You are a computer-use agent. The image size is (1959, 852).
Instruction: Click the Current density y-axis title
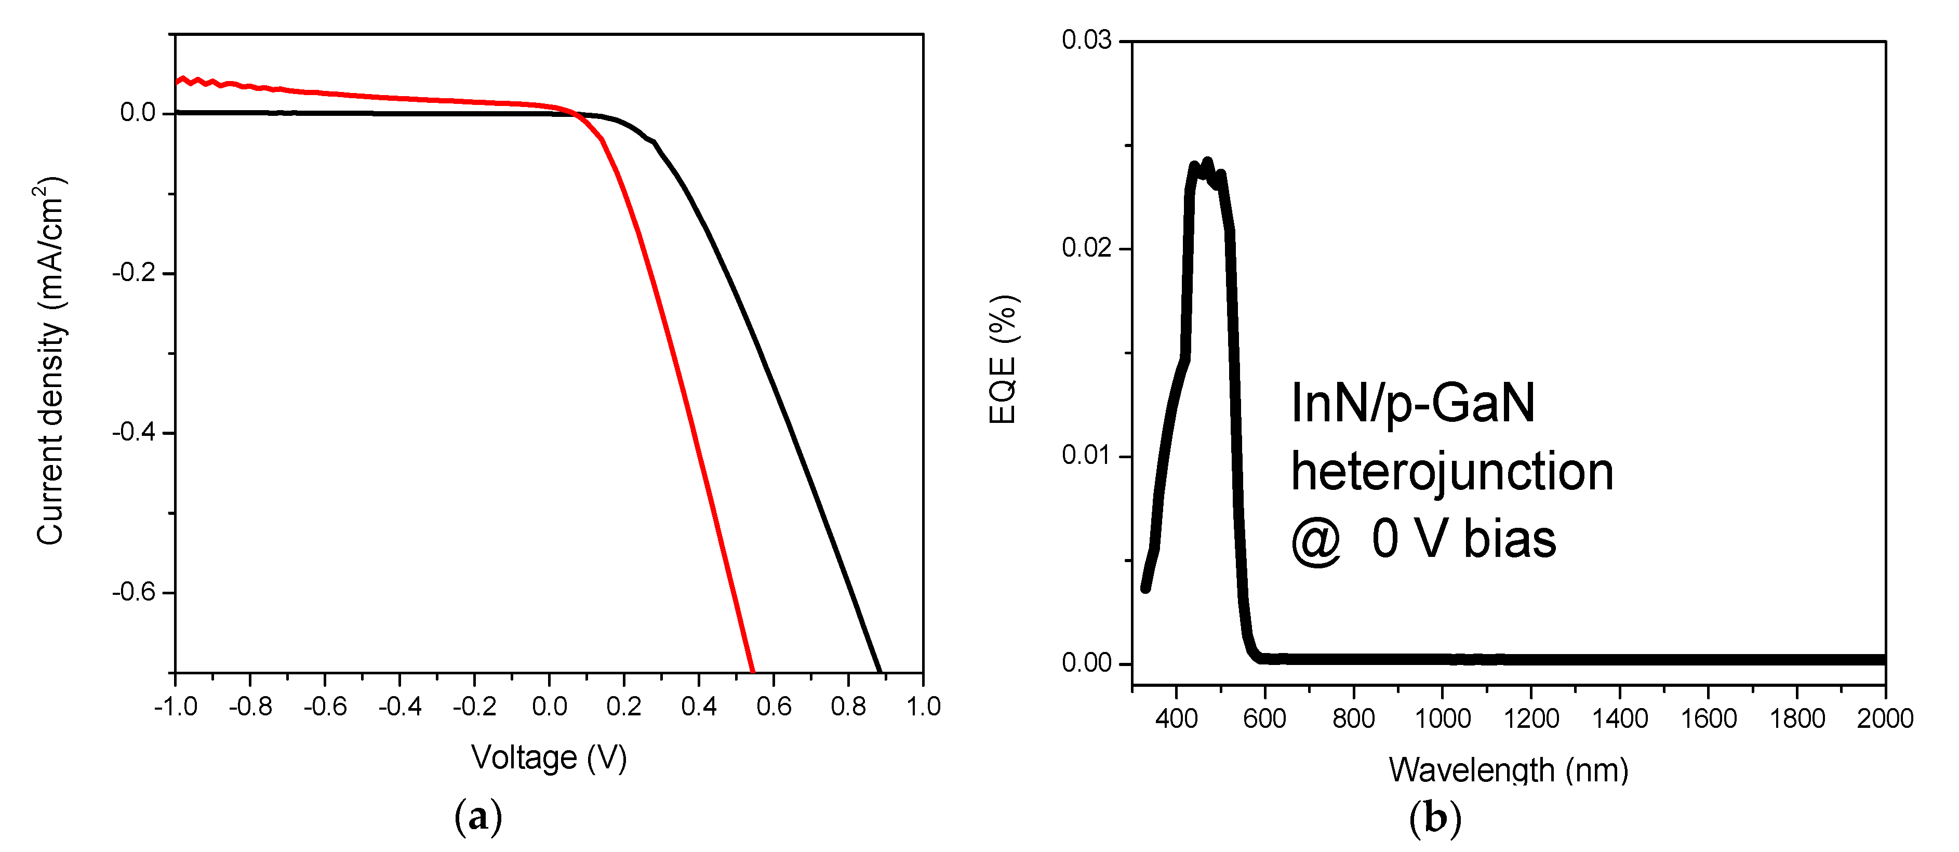coord(51,362)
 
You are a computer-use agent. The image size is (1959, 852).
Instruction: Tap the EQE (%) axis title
coord(1003,359)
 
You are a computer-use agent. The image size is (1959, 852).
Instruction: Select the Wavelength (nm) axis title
coord(1508,770)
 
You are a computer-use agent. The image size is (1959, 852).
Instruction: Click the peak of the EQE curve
coord(1207,162)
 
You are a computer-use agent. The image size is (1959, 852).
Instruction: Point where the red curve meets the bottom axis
coord(753,672)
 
